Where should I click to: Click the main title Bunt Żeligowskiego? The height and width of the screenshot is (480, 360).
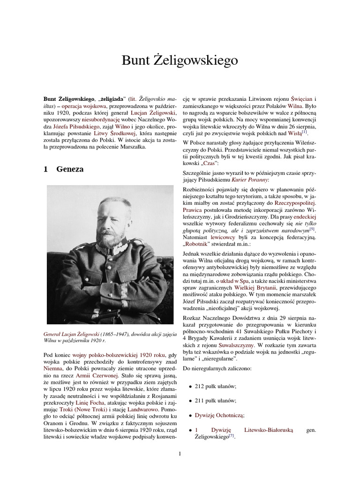180,60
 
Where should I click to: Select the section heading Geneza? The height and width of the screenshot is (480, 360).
70,169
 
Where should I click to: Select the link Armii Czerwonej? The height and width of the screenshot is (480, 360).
105,375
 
